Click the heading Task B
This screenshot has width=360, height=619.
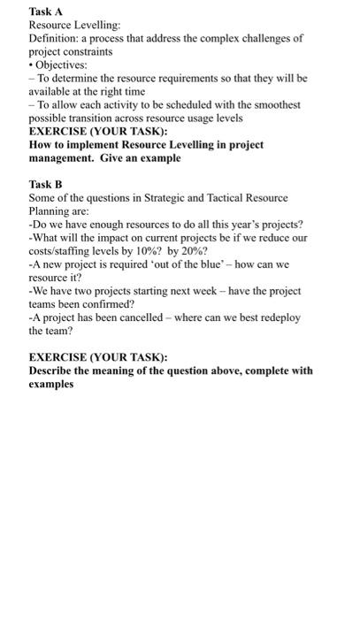46,184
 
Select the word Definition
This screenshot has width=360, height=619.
54,38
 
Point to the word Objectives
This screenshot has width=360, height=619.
62,65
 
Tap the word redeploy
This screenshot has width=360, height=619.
276,317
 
